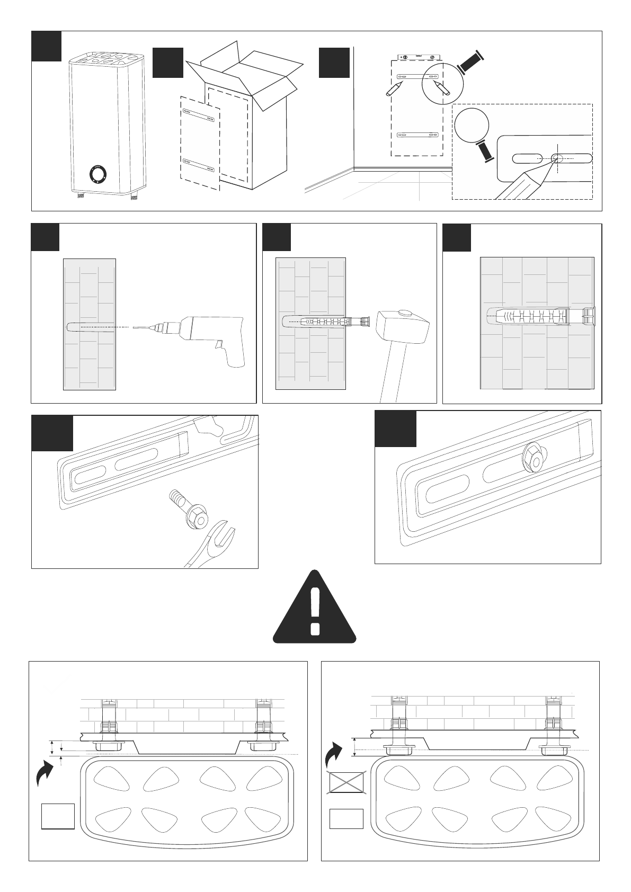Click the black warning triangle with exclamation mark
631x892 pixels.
(x=315, y=609)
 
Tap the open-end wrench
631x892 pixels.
(x=212, y=546)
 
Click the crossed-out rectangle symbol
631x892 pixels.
(x=346, y=783)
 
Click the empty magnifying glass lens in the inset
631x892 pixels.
(x=471, y=125)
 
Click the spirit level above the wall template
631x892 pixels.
(x=417, y=55)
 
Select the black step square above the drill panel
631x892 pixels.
(x=45, y=237)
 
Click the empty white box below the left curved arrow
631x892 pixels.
(x=58, y=816)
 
